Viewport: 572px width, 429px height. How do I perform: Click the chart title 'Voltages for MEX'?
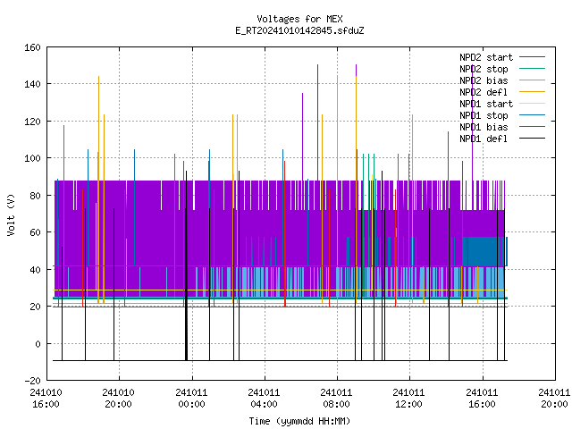pos(299,19)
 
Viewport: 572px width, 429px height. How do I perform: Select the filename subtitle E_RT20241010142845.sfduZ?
pos(299,30)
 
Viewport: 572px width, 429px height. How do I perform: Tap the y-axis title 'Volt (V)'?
pos(11,214)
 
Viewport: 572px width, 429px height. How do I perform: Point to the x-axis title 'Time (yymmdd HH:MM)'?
pos(299,421)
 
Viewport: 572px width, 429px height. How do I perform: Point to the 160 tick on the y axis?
pos(32,47)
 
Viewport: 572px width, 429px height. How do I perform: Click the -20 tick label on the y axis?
pos(32,381)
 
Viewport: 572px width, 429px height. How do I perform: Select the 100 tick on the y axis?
pos(32,158)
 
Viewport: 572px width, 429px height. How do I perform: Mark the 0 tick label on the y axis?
pos(38,343)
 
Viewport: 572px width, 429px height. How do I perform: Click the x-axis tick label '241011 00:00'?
pos(191,399)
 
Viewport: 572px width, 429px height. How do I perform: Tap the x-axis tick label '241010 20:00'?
pos(118,399)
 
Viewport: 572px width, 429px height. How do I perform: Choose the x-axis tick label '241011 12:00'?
pos(408,399)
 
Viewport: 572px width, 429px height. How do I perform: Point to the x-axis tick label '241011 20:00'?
pos(554,399)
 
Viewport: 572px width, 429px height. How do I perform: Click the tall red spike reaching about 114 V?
pos(449,219)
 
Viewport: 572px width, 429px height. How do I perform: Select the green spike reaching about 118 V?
pos(63,212)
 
